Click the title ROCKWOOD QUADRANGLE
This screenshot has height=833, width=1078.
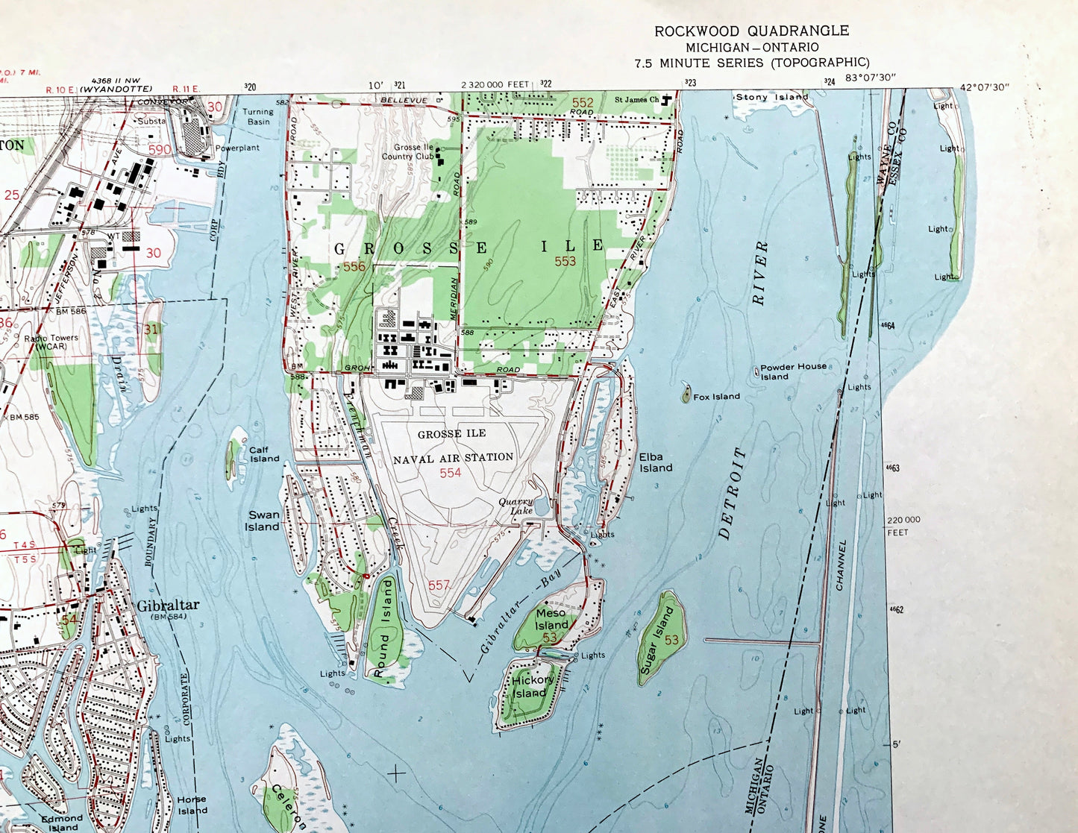click(751, 31)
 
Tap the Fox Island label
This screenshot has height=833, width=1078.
click(716, 397)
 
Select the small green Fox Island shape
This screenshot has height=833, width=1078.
click(686, 395)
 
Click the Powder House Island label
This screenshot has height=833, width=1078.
click(793, 371)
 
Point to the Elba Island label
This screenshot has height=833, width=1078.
click(655, 462)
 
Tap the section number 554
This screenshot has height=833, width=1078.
click(450, 473)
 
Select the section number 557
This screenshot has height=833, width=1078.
click(439, 585)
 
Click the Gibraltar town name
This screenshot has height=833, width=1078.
click(168, 606)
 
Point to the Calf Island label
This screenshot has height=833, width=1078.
click(263, 454)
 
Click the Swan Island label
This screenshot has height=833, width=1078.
click(263, 521)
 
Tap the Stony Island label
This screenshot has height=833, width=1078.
click(771, 97)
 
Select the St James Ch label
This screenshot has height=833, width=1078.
click(636, 100)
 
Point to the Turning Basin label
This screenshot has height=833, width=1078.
click(258, 116)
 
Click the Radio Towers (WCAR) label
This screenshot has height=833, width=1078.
click(51, 342)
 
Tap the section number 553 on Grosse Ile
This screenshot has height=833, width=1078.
click(565, 261)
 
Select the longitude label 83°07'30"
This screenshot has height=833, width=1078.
click(870, 78)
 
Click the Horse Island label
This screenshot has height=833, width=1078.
click(192, 805)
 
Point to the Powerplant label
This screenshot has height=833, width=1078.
click(237, 148)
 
